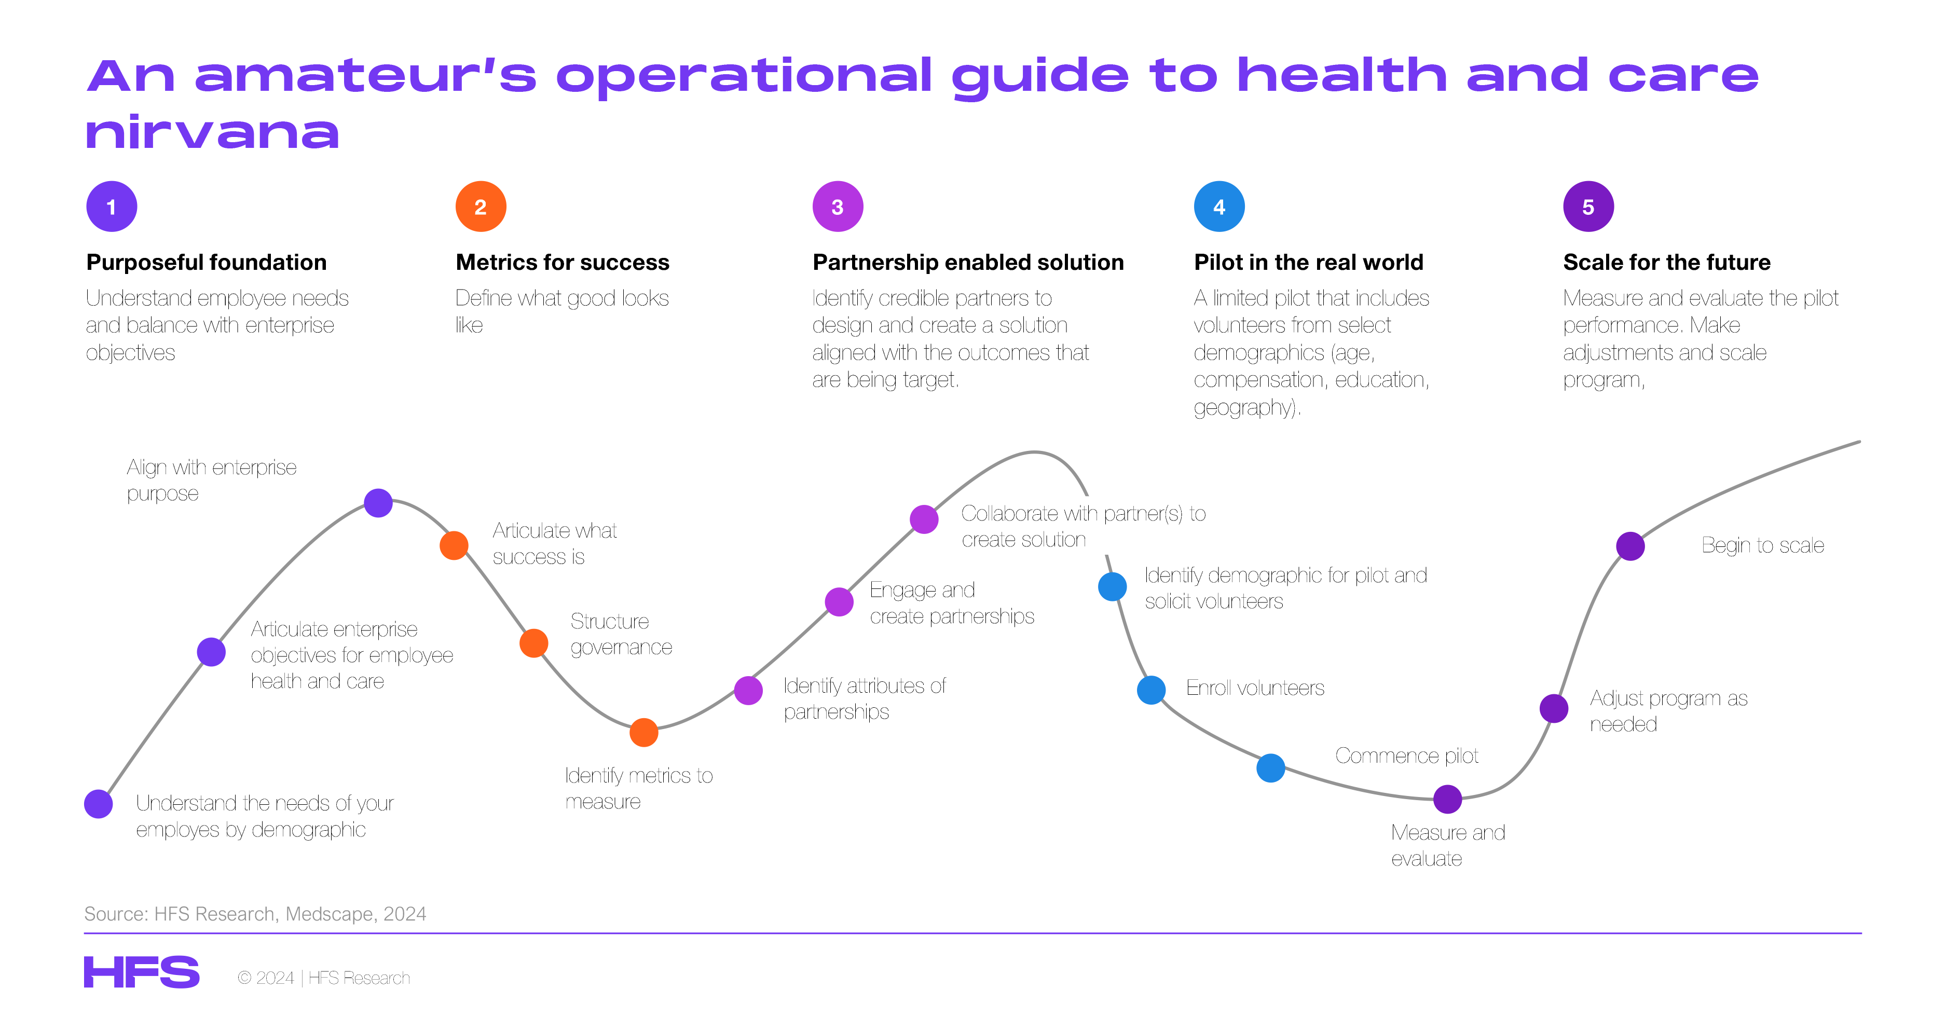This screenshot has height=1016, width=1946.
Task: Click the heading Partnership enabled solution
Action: point(968,262)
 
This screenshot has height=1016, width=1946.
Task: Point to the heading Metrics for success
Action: point(562,262)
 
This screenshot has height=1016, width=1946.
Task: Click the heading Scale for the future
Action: point(1666,262)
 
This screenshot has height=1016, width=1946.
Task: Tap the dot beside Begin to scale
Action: point(1630,546)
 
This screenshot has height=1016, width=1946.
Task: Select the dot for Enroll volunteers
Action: point(1152,690)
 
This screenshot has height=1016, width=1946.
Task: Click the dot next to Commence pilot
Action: point(1271,767)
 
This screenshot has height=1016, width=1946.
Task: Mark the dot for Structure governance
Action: point(534,643)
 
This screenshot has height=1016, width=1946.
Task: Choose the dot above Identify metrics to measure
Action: point(643,732)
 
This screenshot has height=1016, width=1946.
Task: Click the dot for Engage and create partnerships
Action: point(839,602)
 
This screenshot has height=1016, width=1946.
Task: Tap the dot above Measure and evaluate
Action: point(1447,799)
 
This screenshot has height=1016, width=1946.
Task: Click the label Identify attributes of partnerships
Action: point(864,699)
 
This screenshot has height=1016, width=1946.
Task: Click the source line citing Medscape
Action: point(255,914)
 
